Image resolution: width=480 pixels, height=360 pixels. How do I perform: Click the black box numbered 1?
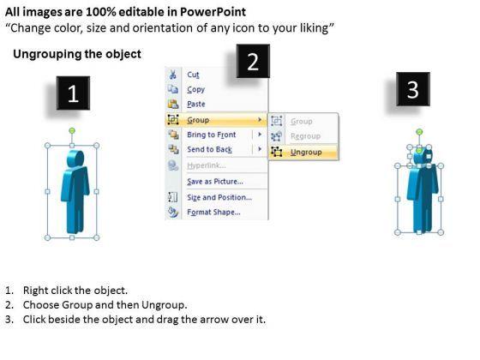click(x=73, y=93)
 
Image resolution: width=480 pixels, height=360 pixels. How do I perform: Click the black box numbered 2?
click(x=253, y=61)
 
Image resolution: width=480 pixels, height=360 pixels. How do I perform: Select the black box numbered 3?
click(x=413, y=89)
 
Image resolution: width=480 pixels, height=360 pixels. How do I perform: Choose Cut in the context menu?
click(x=193, y=75)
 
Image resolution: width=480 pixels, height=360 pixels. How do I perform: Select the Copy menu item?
click(x=196, y=89)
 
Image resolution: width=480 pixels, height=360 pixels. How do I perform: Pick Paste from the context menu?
click(x=196, y=104)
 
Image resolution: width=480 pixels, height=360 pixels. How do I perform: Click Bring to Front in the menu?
click(x=212, y=135)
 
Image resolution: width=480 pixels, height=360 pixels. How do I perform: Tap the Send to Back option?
click(x=210, y=149)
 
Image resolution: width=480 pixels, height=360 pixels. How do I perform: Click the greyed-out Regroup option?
click(x=305, y=136)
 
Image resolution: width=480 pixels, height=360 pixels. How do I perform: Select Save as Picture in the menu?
click(x=215, y=182)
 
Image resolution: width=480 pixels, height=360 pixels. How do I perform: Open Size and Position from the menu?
click(x=219, y=197)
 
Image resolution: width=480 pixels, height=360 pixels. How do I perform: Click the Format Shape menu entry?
click(x=213, y=213)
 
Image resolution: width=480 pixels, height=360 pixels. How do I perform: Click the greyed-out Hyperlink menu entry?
click(x=207, y=165)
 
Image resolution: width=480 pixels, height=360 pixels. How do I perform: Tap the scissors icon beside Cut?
click(x=172, y=75)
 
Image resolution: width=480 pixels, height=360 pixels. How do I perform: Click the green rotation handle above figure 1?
click(x=72, y=131)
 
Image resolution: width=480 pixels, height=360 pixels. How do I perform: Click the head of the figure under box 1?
click(x=75, y=159)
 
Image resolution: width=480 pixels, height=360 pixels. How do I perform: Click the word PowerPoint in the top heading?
click(x=213, y=12)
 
